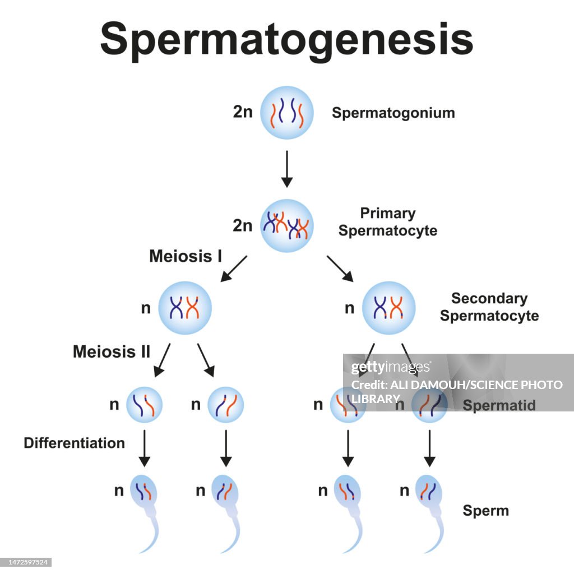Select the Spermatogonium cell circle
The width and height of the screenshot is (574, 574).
tap(286, 112)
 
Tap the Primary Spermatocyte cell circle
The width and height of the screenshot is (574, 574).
tap(286, 225)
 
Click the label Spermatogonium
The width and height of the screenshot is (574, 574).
tap(393, 113)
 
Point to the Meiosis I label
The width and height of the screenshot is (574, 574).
tap(186, 256)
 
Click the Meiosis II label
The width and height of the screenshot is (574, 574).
tap(112, 352)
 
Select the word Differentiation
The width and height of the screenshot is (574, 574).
tap(74, 443)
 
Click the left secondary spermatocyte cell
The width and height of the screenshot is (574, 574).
tap(185, 308)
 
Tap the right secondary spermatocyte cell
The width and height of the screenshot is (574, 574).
tap(388, 308)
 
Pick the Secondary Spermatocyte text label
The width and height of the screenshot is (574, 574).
tap(489, 307)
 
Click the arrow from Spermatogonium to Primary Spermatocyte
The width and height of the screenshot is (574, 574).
tap(286, 168)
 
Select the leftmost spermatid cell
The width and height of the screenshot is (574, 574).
tap(144, 404)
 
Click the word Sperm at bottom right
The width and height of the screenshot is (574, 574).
tap(485, 511)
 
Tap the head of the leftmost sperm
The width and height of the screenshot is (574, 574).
tap(144, 490)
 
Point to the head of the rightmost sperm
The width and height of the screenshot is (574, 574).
tap(429, 490)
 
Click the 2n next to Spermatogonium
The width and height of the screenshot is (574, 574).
tap(243, 112)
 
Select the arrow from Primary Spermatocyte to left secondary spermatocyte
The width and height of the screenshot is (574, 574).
tap(234, 269)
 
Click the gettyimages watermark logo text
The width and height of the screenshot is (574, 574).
tap(391, 368)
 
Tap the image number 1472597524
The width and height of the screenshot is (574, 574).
tap(26, 562)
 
